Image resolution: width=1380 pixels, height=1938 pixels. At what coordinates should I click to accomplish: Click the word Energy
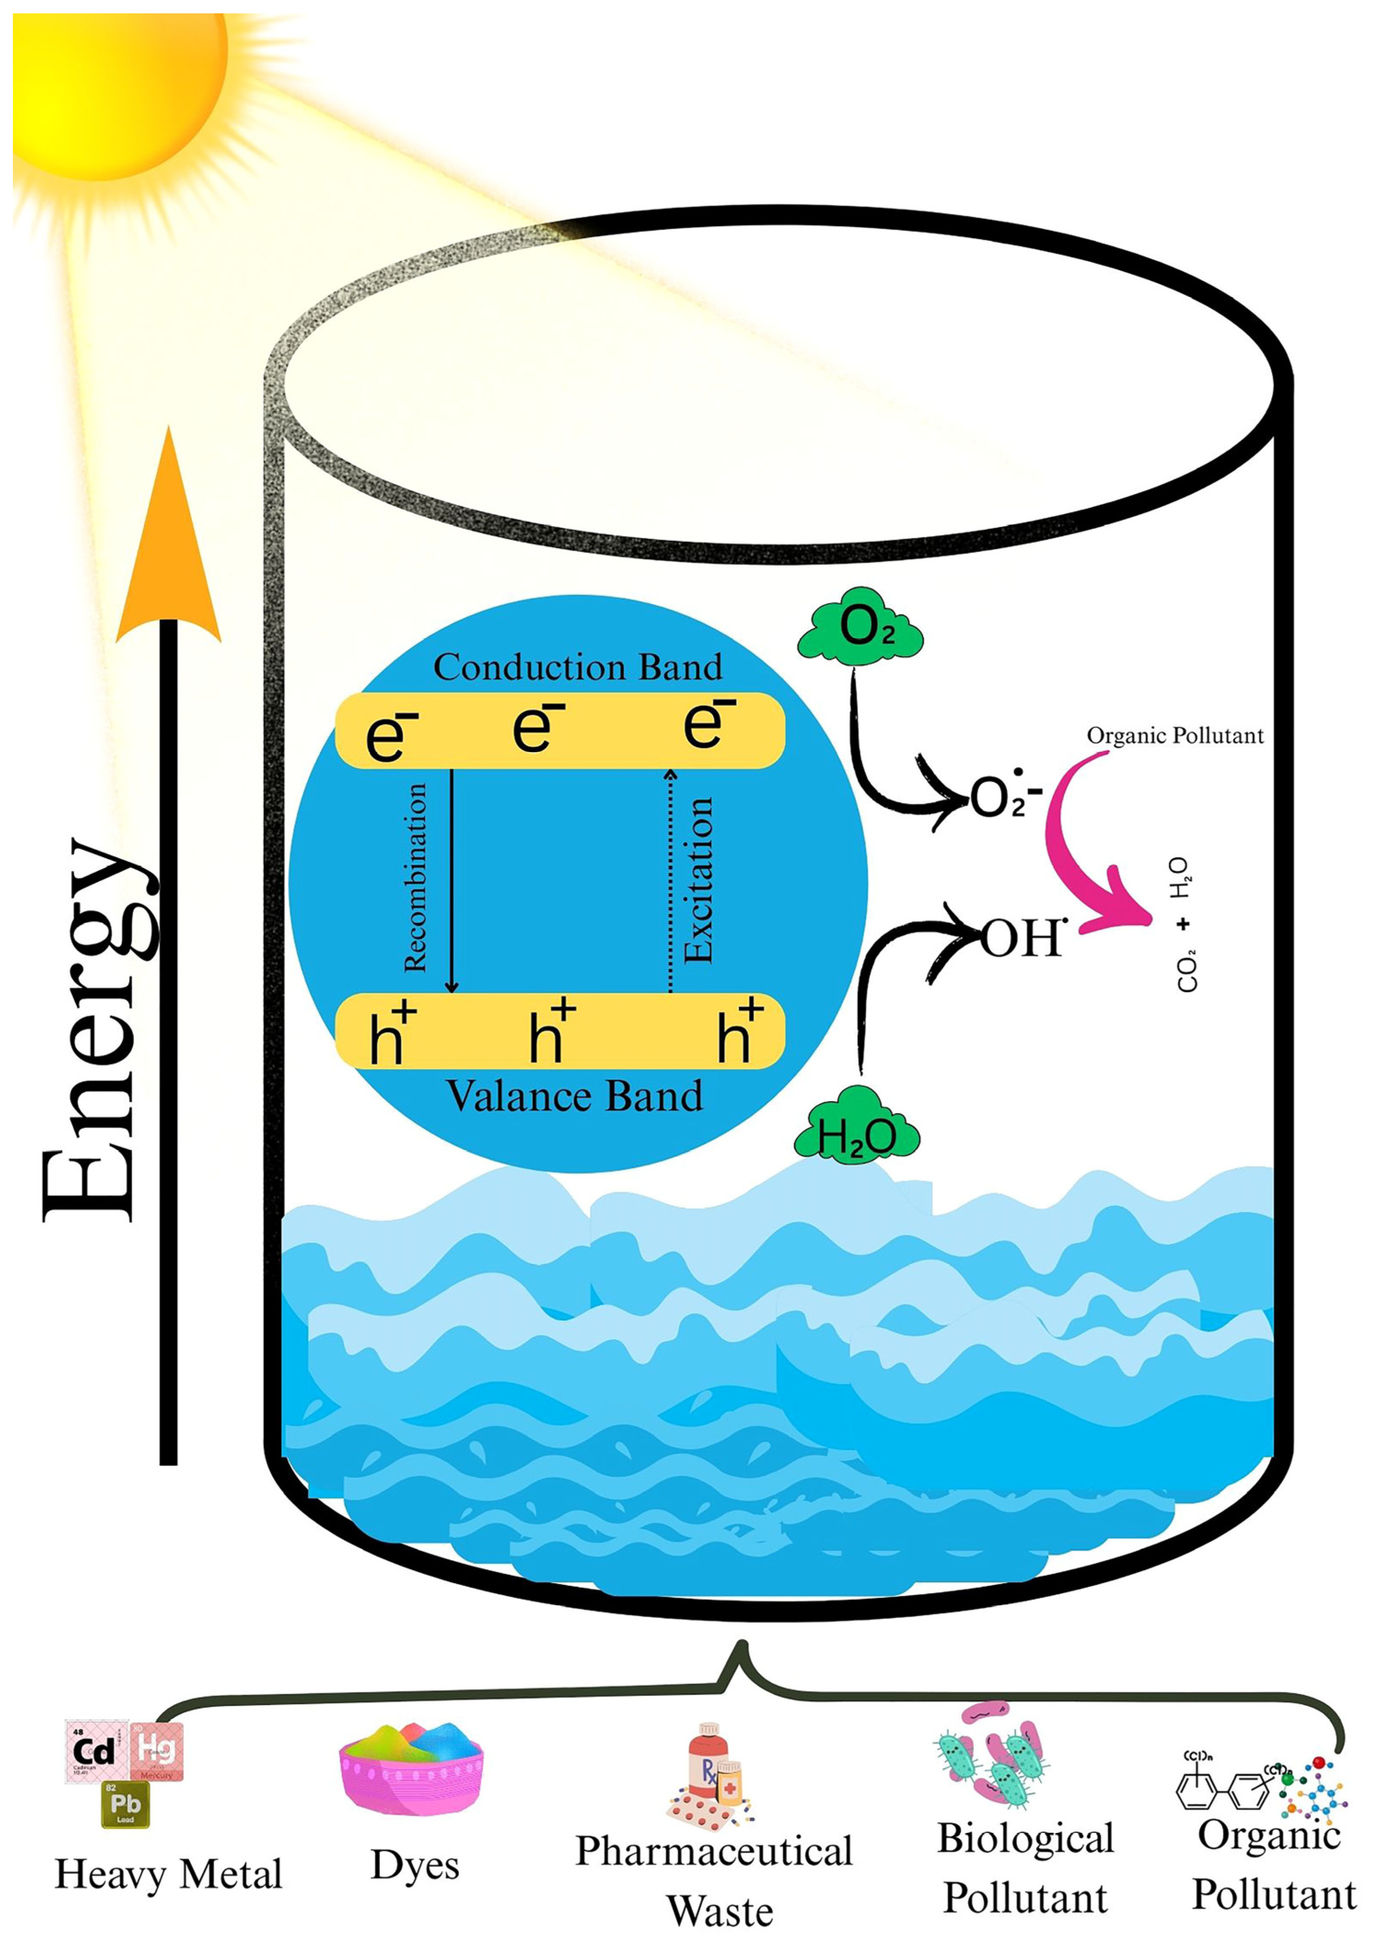[98, 1028]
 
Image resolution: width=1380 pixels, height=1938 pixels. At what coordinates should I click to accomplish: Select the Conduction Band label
[578, 667]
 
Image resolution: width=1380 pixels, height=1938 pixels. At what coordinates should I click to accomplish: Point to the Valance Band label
[575, 1096]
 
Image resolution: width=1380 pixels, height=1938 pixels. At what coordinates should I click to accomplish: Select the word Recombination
[415, 877]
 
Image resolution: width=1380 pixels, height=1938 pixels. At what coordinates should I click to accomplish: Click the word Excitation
[699, 879]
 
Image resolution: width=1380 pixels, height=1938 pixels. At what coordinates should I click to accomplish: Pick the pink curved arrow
[1083, 858]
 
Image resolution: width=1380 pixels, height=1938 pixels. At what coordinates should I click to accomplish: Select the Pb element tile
[125, 1803]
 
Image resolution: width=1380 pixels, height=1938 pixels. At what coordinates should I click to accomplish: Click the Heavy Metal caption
[168, 1874]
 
